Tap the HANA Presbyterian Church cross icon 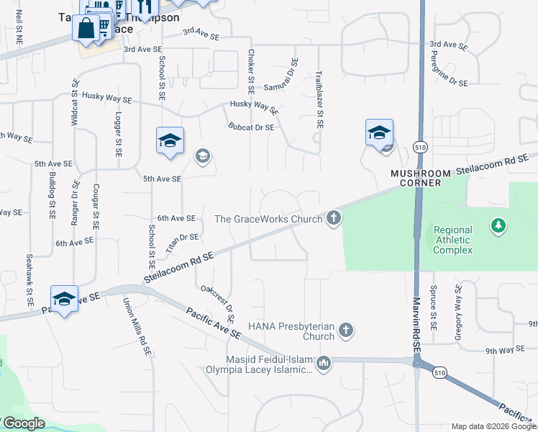(346, 331)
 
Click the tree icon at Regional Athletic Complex (498, 227)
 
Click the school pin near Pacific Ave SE (64, 300)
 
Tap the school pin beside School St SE (170, 140)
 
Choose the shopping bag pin (86, 30)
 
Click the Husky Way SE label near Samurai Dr (254, 107)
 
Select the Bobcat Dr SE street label (252, 127)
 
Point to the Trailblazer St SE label (319, 99)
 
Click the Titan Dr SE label (181, 241)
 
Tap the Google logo (23, 423)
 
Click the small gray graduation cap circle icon (202, 156)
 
